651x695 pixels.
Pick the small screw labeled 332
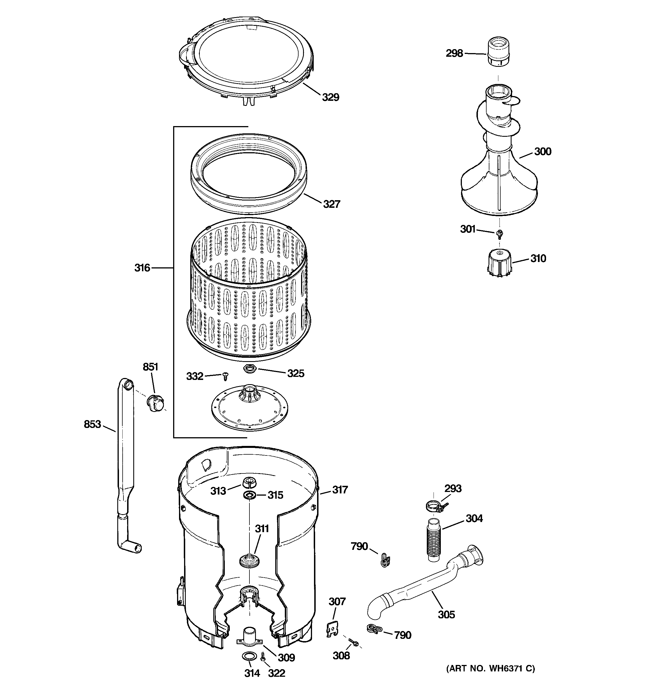[x=225, y=377]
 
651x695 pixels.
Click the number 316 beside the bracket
[x=142, y=268]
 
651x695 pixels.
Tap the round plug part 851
[x=155, y=402]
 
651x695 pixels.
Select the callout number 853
[x=92, y=424]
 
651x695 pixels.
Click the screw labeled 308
[x=354, y=642]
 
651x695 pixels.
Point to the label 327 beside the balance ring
[x=331, y=204]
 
